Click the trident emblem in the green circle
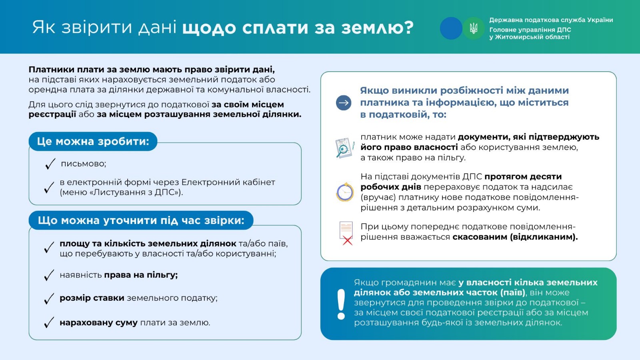coord(474,28)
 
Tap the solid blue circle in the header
coord(451,28)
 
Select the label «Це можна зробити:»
coord(93,141)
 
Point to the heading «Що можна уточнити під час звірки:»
coord(141,220)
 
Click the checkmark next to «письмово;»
coord(50,164)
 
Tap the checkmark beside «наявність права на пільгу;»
coord(49,275)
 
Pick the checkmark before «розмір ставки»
coord(49,299)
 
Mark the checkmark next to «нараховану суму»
coord(49,323)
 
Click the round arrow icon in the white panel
coord(344,103)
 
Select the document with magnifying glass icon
coord(344,148)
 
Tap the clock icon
coord(345,192)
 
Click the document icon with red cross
coord(346,233)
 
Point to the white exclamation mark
coord(341,304)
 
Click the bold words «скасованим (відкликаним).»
coord(515,237)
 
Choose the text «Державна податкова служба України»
coord(551,20)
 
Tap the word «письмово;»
coord(84,164)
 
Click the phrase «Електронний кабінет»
coord(228,182)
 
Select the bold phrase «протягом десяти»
coord(523,176)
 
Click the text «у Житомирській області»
coord(529,37)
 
